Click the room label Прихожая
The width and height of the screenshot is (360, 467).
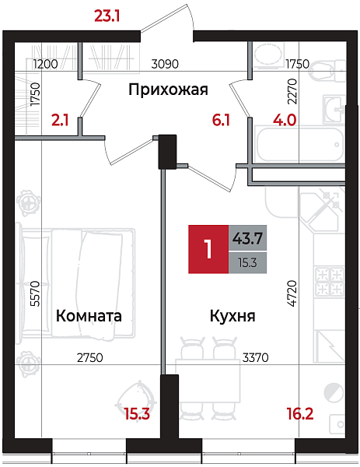(x=168, y=90)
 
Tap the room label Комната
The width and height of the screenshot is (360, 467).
(x=89, y=317)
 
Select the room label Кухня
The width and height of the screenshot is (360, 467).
(x=232, y=317)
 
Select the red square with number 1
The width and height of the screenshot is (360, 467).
(x=208, y=249)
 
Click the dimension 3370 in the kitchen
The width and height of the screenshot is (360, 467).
(x=257, y=359)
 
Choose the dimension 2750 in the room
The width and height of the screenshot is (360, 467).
(x=91, y=359)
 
